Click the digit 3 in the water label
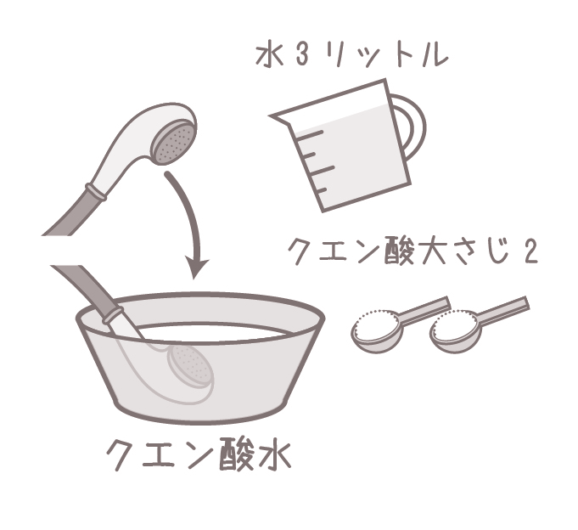[x=301, y=56]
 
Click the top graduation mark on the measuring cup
[x=310, y=134]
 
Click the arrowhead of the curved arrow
[x=196, y=268]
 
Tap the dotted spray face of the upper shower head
[x=174, y=143]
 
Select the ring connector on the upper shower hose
[x=95, y=192]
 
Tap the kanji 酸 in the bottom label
[x=236, y=454]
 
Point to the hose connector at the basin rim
[x=112, y=314]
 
